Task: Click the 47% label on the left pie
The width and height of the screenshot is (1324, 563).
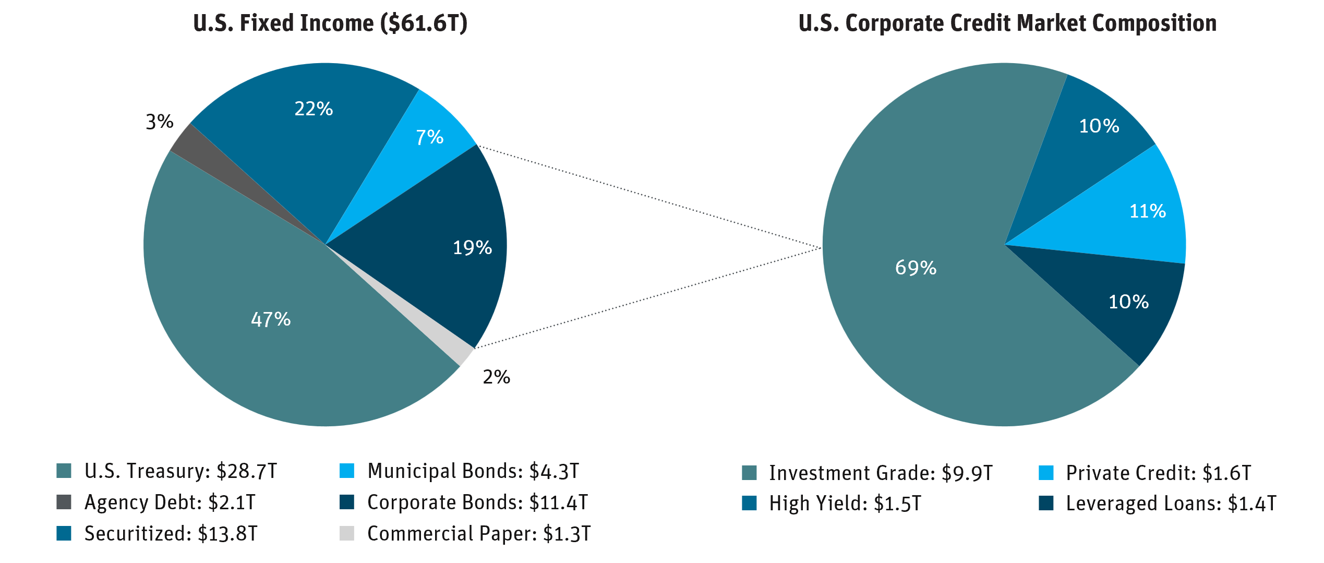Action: tap(271, 319)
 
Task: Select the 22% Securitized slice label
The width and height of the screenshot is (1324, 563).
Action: tap(314, 109)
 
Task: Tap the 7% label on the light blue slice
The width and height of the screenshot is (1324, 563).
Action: tap(429, 138)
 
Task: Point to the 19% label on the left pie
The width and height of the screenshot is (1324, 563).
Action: tap(472, 248)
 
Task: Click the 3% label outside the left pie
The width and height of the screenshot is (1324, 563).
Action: tap(160, 122)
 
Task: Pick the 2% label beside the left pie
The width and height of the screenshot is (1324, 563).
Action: tap(496, 377)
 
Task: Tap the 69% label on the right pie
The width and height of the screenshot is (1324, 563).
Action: tap(916, 268)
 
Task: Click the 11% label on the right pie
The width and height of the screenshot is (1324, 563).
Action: tap(1147, 211)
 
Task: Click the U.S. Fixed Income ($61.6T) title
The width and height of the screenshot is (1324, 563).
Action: tap(330, 23)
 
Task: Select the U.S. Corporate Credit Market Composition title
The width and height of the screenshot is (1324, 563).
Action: tap(1007, 23)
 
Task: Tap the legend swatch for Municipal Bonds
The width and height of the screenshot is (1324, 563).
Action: tap(347, 471)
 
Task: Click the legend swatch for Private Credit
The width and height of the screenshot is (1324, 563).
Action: tap(1046, 473)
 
